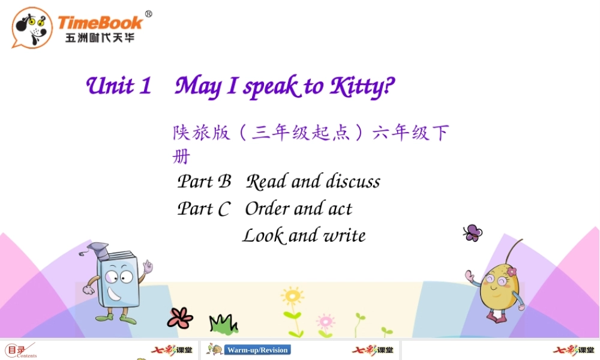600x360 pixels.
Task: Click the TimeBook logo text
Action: click(x=100, y=23)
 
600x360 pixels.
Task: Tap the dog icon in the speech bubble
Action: click(x=32, y=27)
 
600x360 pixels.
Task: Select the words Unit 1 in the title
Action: click(x=118, y=86)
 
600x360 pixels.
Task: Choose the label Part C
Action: click(x=203, y=209)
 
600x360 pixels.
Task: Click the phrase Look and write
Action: click(x=304, y=235)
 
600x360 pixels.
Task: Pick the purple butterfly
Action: click(x=472, y=233)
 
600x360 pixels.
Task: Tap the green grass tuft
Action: click(x=223, y=323)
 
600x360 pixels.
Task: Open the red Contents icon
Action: click(x=19, y=350)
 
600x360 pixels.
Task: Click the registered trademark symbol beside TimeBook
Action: click(x=149, y=14)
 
